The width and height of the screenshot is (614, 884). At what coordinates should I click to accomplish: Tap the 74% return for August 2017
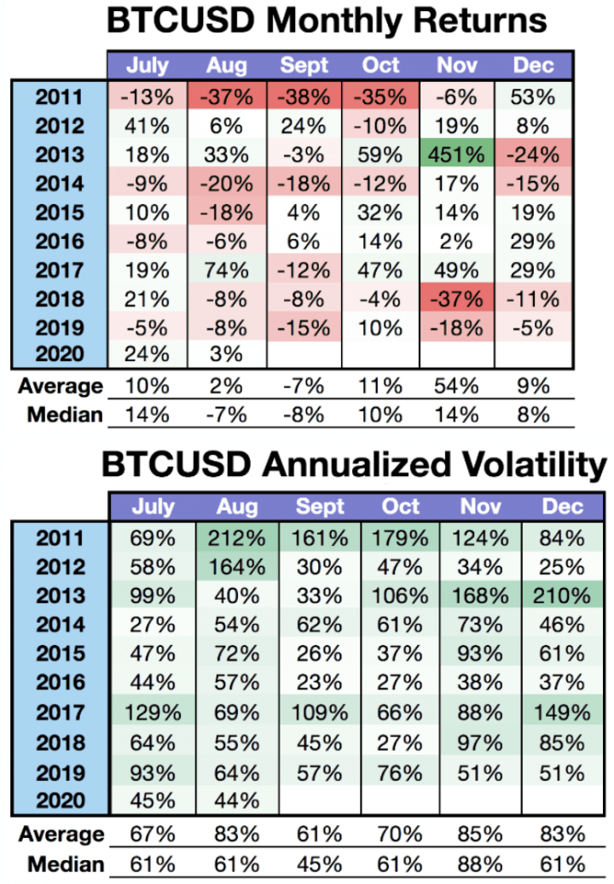[x=228, y=270]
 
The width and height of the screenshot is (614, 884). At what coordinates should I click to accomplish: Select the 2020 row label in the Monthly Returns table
[x=61, y=357]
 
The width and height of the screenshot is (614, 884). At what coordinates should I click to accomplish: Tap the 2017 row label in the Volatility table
[x=61, y=711]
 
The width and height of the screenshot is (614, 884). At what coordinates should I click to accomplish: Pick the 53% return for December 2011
[x=534, y=97]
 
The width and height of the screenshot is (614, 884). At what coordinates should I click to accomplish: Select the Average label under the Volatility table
[x=61, y=834]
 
